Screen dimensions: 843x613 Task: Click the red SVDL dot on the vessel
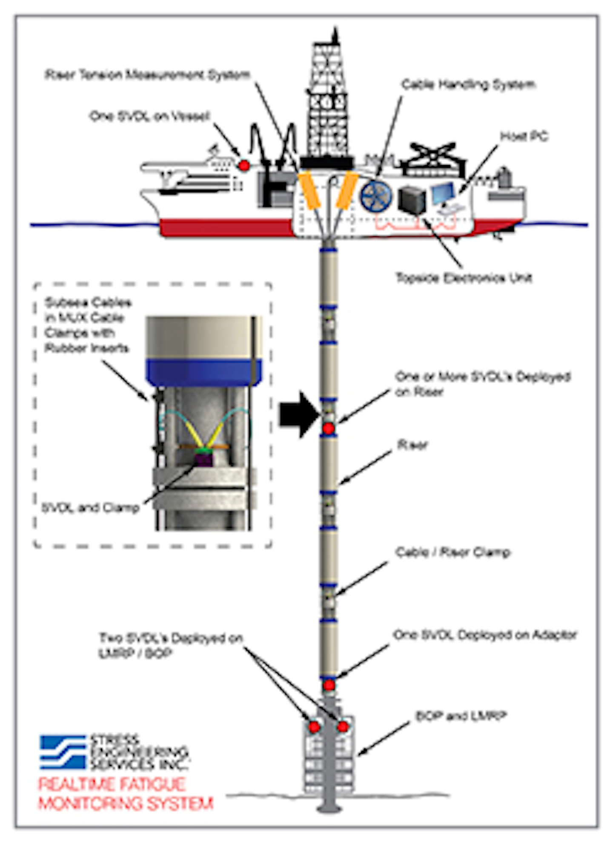(243, 165)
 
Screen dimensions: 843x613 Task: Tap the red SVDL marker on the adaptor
(329, 685)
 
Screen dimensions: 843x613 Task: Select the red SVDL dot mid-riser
(328, 429)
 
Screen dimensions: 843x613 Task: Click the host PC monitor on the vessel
(443, 193)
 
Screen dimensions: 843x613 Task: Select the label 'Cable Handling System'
(468, 85)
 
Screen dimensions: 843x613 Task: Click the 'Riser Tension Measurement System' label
(147, 75)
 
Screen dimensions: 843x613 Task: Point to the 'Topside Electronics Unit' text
(464, 278)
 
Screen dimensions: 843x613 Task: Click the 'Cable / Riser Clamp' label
(453, 552)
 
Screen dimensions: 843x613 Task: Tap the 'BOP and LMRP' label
(461, 716)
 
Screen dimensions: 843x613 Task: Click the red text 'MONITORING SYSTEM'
(126, 803)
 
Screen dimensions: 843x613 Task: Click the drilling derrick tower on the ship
(327, 102)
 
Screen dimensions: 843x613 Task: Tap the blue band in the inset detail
(203, 372)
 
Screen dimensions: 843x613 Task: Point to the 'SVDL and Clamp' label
(90, 507)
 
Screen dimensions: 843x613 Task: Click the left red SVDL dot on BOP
(314, 727)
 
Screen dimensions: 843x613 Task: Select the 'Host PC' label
(524, 136)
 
